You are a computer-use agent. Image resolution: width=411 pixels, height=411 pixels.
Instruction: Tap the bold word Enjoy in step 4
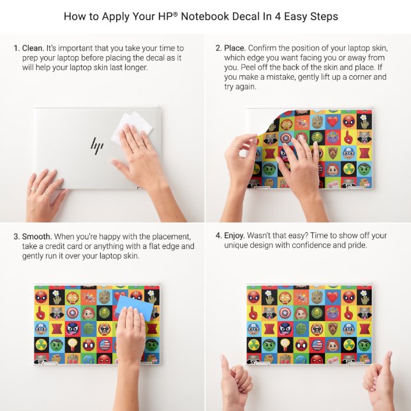coord(234,236)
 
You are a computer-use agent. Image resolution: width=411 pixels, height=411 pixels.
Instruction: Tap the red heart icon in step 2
coord(333,121)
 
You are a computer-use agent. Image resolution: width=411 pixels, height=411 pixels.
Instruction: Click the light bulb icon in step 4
coord(285,345)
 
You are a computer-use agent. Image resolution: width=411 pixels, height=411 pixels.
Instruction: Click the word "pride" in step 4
coord(357,246)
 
